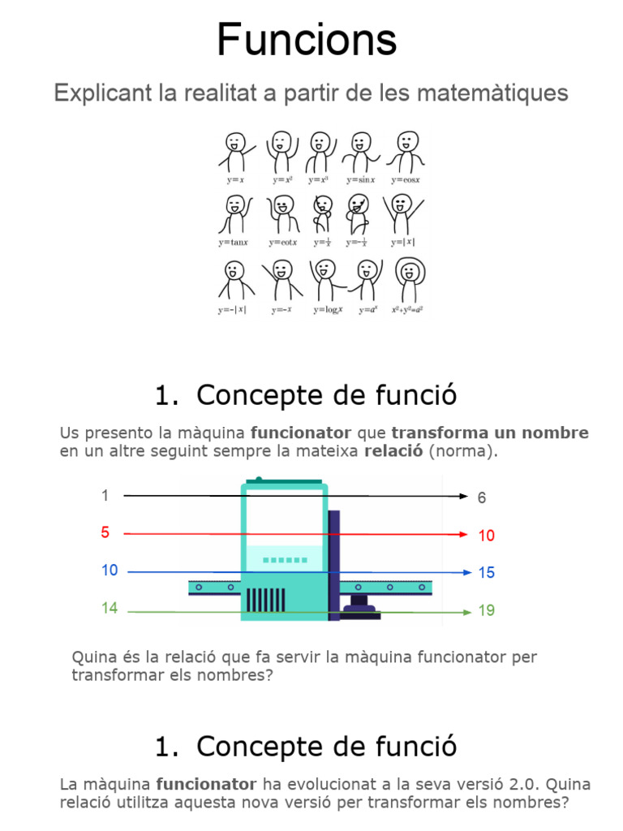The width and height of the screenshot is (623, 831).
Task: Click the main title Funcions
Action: click(307, 41)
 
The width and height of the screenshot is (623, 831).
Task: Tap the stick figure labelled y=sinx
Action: click(359, 151)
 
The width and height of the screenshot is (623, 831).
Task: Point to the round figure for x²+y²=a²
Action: click(410, 280)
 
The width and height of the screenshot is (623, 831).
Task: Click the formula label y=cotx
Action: click(283, 243)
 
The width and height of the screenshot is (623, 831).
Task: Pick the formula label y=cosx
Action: click(406, 179)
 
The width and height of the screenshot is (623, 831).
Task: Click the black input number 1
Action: click(105, 495)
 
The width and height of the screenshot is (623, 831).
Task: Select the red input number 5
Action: click(105, 533)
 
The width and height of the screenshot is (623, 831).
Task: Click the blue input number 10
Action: click(110, 571)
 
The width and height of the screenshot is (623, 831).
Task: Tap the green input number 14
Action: click(110, 608)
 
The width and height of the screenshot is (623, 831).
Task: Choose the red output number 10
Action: click(486, 536)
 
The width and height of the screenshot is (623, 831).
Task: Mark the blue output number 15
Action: click(486, 573)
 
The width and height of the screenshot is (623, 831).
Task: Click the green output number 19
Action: click(486, 610)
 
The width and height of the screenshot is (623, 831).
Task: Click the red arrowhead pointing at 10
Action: click(464, 535)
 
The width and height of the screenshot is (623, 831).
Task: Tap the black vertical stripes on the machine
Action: click(265, 600)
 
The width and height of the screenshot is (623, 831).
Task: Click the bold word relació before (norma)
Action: click(393, 451)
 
